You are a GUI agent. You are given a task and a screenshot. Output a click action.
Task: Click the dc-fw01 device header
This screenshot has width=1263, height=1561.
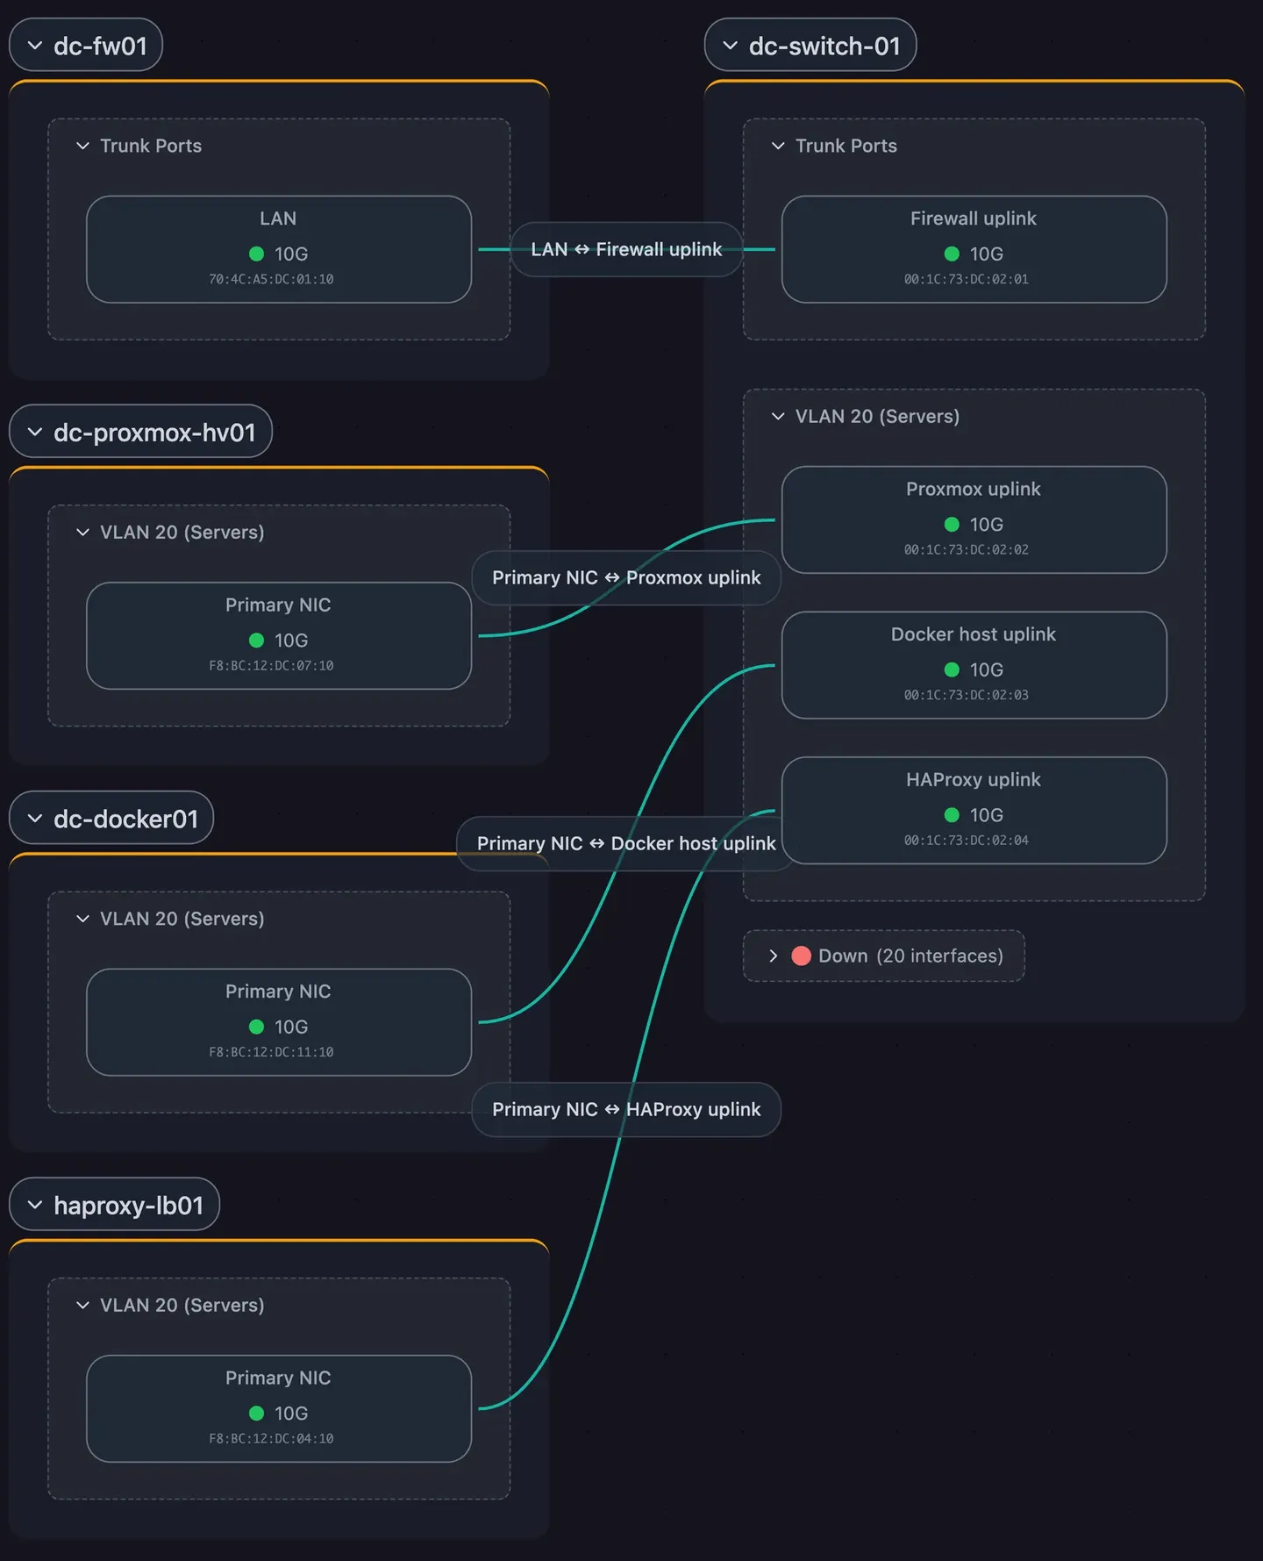[86, 45]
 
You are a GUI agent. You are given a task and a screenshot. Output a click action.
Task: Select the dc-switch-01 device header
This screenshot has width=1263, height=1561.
[810, 45]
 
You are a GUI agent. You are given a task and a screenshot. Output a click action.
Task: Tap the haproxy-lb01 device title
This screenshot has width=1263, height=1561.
[128, 1205]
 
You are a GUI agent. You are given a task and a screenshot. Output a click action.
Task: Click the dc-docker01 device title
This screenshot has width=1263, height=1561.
[125, 819]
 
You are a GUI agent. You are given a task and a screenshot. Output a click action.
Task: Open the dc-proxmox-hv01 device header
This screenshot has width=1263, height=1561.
[140, 431]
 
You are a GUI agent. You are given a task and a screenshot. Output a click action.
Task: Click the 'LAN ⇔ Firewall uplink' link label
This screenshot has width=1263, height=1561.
[626, 249]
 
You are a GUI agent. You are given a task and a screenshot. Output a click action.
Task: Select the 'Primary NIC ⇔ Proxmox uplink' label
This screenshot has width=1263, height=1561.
[626, 577]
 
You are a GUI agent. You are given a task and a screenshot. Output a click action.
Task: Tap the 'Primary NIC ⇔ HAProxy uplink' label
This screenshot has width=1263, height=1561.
[626, 1109]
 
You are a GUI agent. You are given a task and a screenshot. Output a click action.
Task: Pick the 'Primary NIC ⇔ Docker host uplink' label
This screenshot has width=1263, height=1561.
[626, 843]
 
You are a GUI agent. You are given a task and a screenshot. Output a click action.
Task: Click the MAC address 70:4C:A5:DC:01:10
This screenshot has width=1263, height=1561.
[271, 279]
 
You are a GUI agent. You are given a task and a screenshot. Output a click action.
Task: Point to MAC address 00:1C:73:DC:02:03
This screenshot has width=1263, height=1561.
[967, 695]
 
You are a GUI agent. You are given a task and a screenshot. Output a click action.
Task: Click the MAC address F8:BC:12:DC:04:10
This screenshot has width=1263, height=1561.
[271, 1438]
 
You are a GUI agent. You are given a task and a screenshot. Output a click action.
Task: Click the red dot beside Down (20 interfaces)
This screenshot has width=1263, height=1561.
[801, 956]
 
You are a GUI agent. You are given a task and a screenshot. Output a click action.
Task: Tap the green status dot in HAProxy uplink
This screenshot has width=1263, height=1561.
[952, 815]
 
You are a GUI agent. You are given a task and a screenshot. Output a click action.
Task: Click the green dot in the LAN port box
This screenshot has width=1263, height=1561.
[257, 254]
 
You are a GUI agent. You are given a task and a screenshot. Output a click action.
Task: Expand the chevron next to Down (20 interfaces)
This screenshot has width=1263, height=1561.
[773, 956]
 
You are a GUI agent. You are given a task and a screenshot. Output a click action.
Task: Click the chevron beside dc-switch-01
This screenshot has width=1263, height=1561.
[730, 45]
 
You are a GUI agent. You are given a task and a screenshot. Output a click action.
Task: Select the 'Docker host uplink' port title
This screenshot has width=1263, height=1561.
[974, 634]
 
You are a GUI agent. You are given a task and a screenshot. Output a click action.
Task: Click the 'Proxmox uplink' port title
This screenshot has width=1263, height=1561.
[974, 489]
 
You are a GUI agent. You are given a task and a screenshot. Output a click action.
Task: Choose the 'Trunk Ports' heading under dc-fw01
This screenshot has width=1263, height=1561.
[151, 146]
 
